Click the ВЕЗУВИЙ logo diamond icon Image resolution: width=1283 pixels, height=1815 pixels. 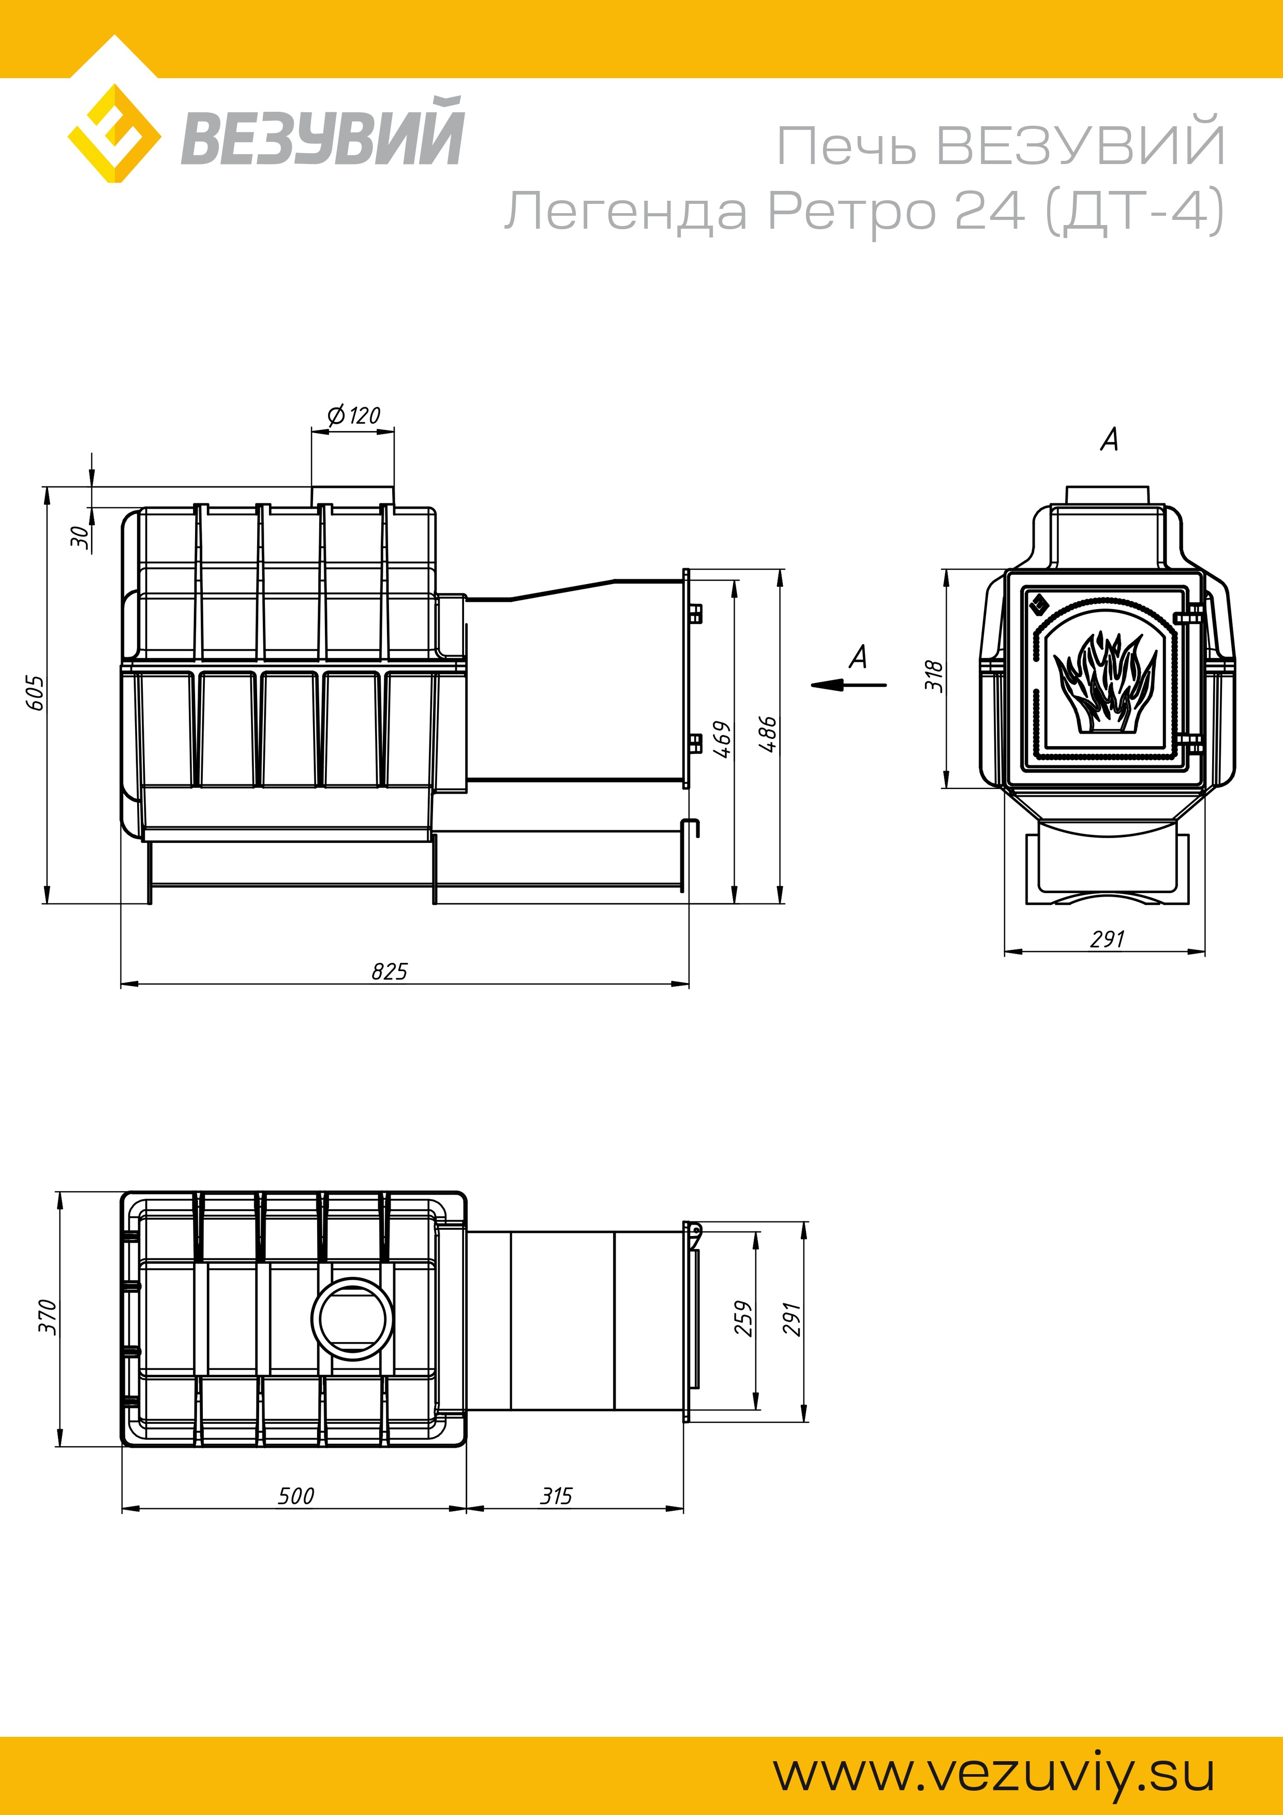[115, 133]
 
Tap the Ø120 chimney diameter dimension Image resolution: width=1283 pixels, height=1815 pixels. [353, 415]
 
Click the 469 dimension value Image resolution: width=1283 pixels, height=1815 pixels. [722, 739]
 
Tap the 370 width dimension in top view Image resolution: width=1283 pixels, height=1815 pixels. [48, 1317]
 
